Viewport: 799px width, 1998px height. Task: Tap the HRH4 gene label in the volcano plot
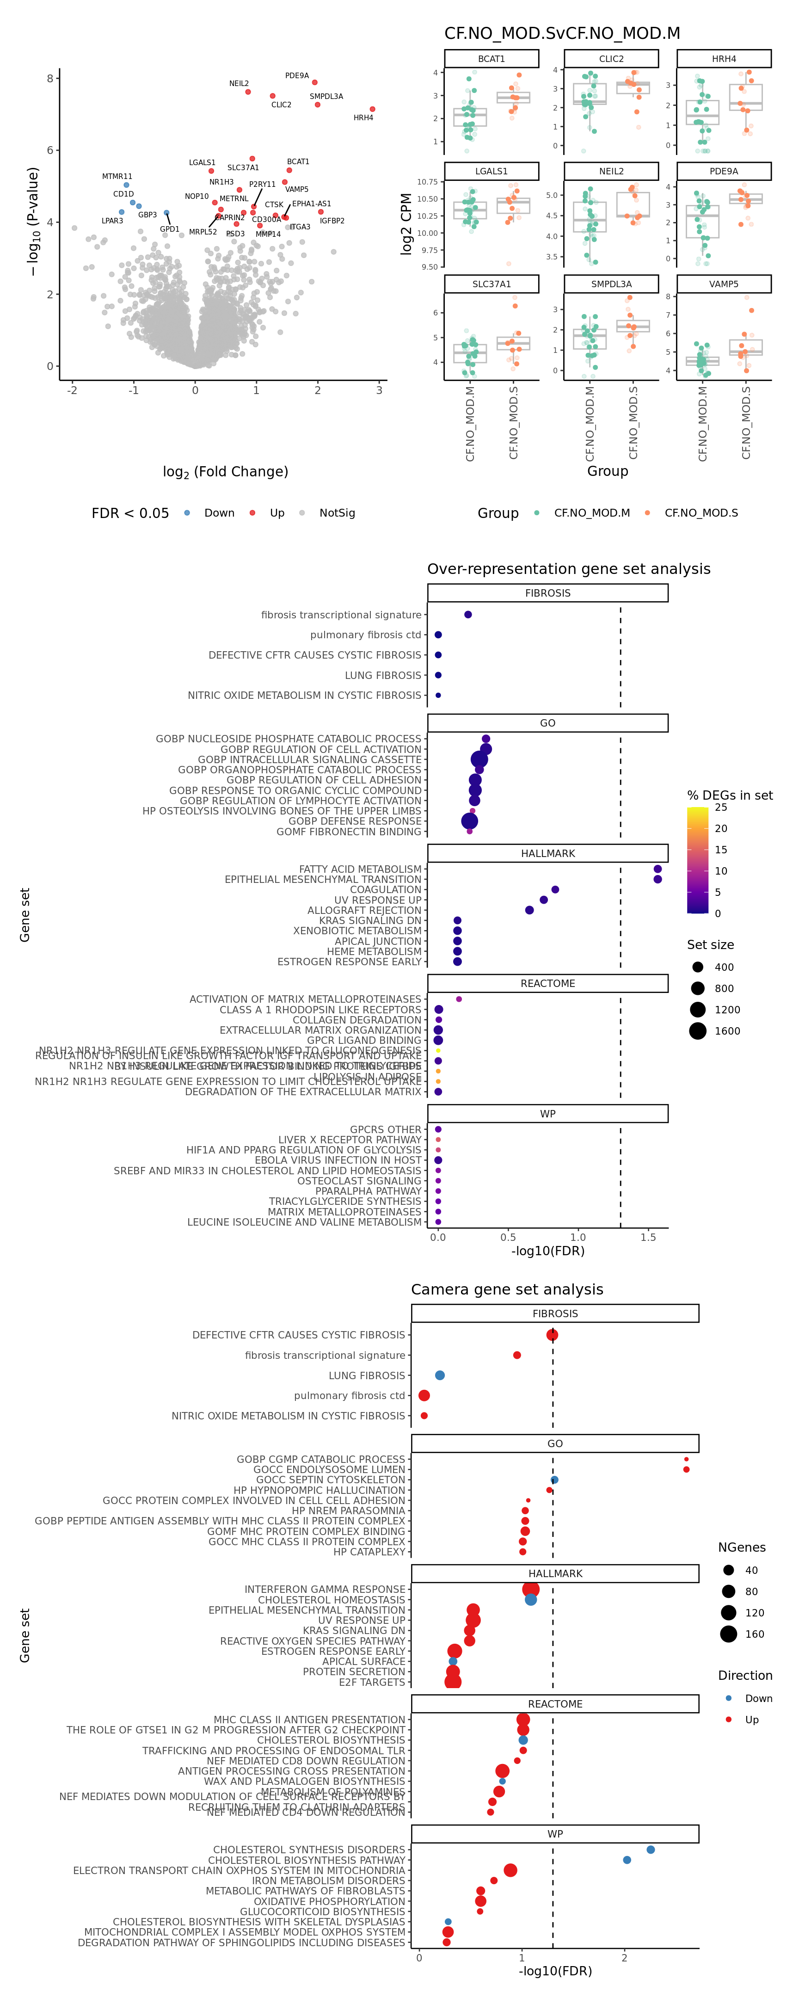coord(363,118)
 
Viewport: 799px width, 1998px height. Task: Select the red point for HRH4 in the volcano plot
coord(372,109)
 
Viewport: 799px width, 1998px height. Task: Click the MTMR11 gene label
coord(117,177)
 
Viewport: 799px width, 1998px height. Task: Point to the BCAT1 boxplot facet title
coord(491,59)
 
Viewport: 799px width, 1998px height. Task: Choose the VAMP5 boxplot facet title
coord(723,284)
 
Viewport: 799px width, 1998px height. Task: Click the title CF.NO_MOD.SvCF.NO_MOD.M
coord(562,33)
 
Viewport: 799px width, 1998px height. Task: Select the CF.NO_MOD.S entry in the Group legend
coord(701,513)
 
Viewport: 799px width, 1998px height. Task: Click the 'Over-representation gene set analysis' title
coord(569,569)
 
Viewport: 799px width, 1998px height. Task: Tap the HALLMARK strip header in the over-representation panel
coord(547,853)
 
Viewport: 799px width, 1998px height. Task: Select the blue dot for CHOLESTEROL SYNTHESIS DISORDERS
coord(650,1850)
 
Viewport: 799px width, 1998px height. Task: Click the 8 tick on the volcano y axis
coord(50,78)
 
